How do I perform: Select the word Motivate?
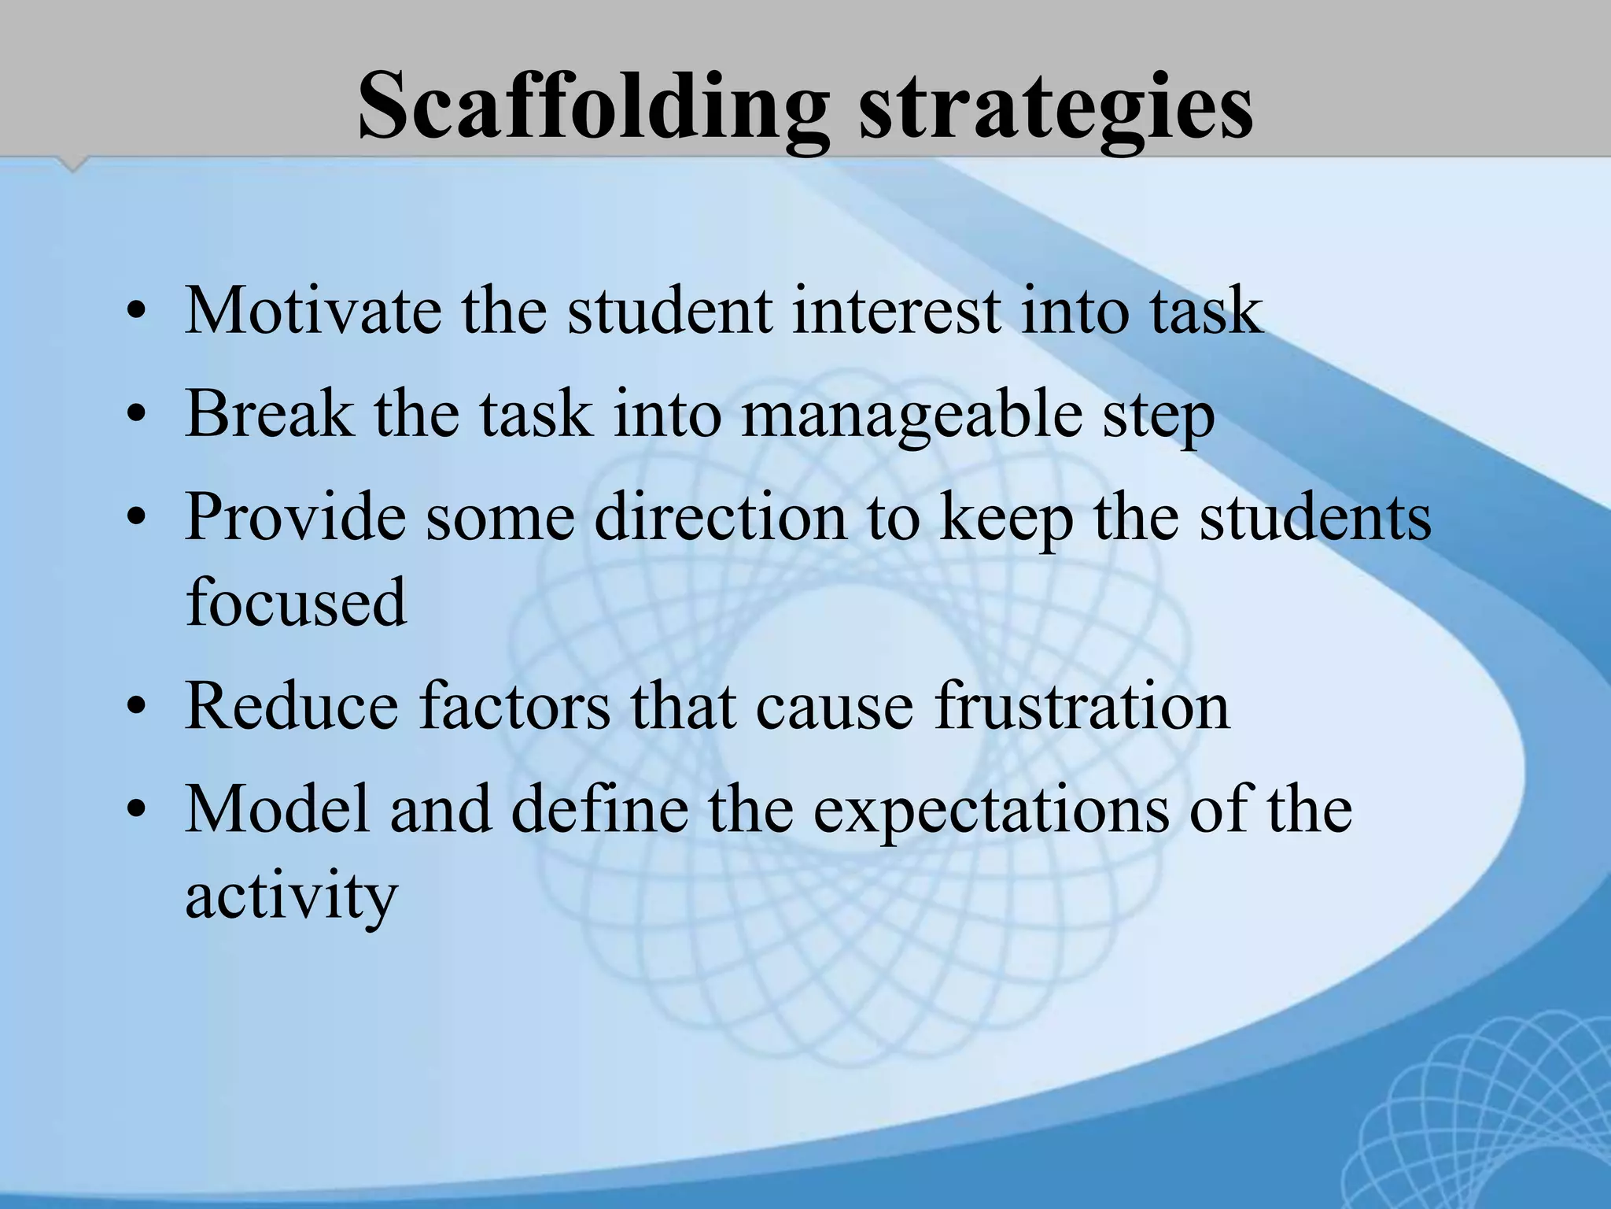tap(312, 311)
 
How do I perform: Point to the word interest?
tap(896, 311)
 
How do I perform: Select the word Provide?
tap(295, 517)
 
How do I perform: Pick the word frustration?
tap(1082, 705)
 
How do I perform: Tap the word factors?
tap(514, 705)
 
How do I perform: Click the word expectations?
tap(990, 811)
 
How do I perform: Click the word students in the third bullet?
tap(1314, 517)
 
